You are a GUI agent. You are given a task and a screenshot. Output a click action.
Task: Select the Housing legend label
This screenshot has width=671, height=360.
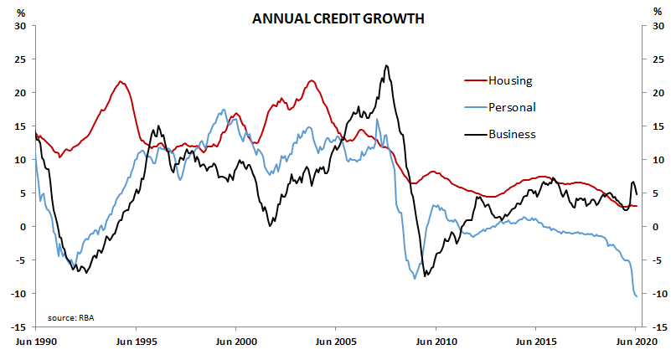511,80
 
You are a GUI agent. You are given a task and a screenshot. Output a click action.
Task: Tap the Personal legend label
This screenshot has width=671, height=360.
512,107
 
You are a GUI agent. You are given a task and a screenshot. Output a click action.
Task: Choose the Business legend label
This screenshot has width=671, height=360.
512,134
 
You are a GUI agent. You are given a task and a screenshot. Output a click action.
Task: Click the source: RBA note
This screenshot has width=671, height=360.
70,318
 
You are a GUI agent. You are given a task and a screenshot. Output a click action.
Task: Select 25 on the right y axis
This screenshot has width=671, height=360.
649,59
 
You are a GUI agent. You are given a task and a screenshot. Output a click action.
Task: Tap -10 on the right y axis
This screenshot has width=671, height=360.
651,294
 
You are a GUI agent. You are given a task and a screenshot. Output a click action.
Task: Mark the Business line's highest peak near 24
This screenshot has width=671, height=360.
385,65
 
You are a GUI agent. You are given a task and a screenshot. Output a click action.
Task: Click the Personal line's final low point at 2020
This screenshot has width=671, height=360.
636,296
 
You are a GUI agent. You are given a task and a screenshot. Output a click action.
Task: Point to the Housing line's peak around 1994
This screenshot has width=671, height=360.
121,81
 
